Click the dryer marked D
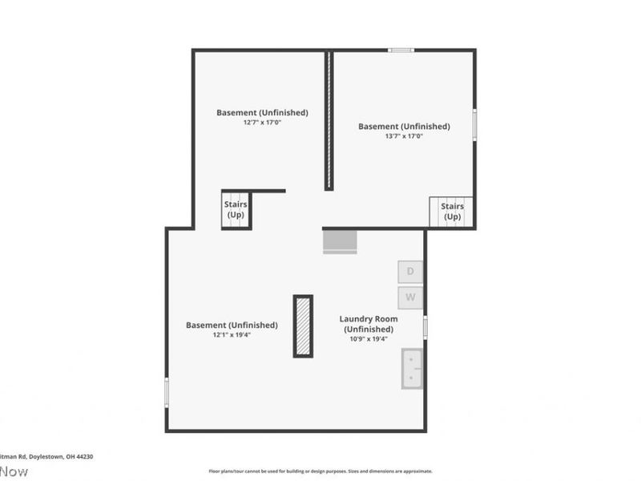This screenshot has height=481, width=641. point(411,272)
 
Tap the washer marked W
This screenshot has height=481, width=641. point(411,297)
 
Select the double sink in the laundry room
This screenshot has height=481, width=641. point(412,369)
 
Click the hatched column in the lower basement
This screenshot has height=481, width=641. point(303,326)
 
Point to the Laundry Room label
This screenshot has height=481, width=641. point(369,324)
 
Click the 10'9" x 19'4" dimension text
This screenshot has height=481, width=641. point(369,339)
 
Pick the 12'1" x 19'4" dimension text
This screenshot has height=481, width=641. point(232,334)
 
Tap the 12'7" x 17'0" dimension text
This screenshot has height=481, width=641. point(262,123)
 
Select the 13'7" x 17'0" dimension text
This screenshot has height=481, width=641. point(404,136)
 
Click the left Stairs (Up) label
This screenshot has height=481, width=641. point(236,209)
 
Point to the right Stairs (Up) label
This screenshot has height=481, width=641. point(452,212)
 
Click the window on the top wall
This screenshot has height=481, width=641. point(401,51)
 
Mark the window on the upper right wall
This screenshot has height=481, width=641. point(474,125)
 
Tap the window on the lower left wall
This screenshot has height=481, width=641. point(167,392)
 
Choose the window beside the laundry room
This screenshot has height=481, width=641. point(425,327)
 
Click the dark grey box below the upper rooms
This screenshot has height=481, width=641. point(340,240)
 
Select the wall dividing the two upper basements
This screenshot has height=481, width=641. point(329,120)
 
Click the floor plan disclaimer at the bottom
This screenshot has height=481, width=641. point(320,471)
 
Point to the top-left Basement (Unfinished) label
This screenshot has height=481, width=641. point(262,112)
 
